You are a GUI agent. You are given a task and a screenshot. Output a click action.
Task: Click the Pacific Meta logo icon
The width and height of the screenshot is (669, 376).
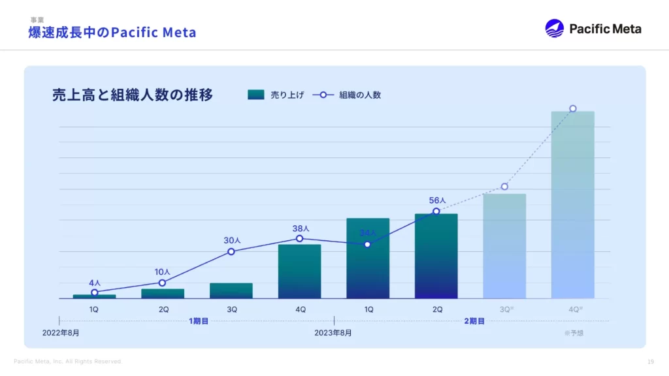(554, 28)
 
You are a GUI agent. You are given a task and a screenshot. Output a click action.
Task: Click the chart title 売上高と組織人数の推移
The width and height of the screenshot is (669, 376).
(133, 95)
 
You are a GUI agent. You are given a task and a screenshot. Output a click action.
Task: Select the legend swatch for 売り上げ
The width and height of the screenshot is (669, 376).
(256, 95)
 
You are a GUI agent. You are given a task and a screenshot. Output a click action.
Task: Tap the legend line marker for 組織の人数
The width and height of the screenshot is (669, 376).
(323, 95)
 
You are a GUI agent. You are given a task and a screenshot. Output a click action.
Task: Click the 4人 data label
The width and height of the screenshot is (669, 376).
(95, 283)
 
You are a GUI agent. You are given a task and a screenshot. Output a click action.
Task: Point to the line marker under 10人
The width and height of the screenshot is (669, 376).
(162, 283)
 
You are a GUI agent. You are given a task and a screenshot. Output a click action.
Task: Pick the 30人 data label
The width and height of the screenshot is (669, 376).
(232, 240)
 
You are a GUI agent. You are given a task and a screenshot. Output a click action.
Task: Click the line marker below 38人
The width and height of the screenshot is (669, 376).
(299, 238)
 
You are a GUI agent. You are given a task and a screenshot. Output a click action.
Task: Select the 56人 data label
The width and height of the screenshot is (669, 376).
(437, 200)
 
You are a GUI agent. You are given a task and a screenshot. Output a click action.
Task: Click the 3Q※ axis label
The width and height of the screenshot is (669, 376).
(506, 309)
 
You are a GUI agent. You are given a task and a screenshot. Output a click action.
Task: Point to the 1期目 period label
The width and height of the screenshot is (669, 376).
(199, 321)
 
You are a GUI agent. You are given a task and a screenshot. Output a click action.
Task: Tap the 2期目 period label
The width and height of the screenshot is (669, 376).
(474, 321)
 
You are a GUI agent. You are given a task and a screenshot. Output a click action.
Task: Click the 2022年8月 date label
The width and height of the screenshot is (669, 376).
(61, 333)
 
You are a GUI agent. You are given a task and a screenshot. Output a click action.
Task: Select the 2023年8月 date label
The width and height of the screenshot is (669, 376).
(333, 333)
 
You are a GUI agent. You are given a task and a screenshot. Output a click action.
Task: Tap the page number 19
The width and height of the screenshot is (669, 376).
(651, 362)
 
